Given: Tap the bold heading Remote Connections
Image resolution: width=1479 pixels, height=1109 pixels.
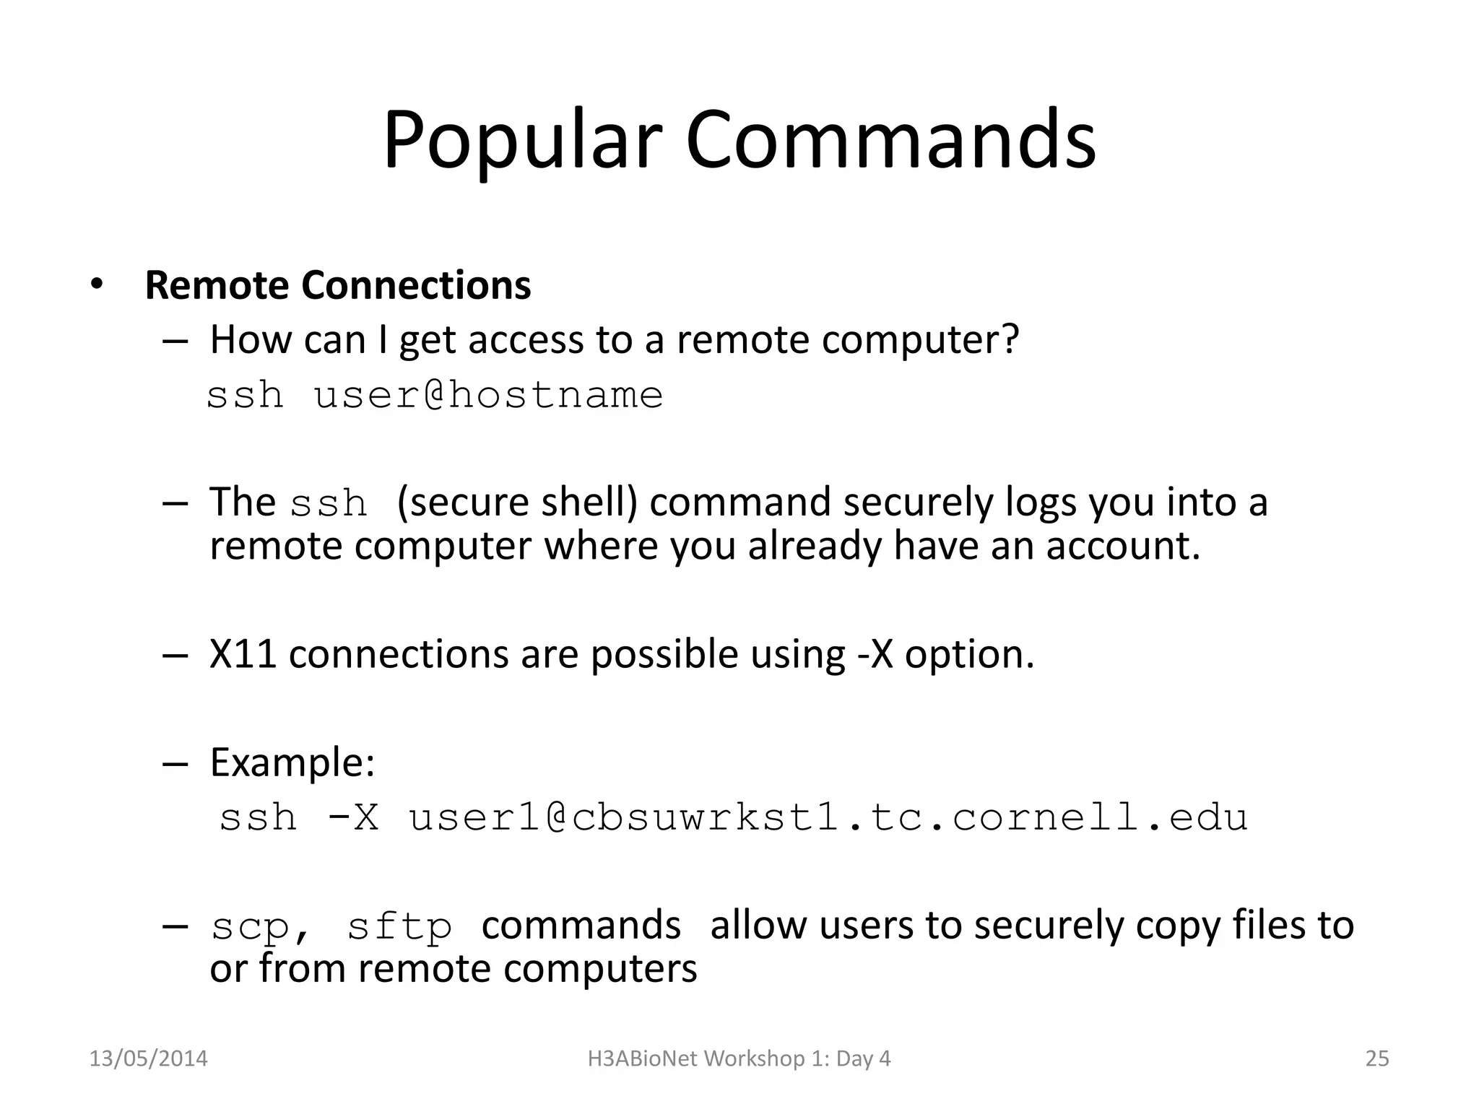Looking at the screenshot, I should coord(337,285).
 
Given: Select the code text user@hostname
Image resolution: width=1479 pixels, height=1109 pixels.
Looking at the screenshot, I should coord(488,396).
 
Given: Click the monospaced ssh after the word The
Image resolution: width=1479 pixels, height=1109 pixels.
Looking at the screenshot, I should coord(329,503).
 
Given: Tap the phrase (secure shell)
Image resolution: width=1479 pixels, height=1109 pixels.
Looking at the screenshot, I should coord(517,503).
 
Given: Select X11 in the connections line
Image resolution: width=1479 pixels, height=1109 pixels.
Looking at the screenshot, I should coord(243,654).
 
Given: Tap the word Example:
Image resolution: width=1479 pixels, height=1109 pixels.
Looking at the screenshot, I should coord(292,762).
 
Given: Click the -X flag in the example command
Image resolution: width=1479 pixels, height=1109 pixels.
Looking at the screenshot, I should coord(353,818).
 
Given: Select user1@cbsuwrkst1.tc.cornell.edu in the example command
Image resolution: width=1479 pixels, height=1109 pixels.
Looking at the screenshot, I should coord(828,818).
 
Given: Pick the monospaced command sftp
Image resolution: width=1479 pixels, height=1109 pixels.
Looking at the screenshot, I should coord(399,927).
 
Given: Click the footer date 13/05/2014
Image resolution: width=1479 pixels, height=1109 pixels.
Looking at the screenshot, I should coord(148,1058).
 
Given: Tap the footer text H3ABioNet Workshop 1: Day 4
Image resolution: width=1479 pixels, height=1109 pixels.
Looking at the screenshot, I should coord(739,1058).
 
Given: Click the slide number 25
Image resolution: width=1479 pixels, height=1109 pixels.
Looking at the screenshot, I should coord(1377,1058).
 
